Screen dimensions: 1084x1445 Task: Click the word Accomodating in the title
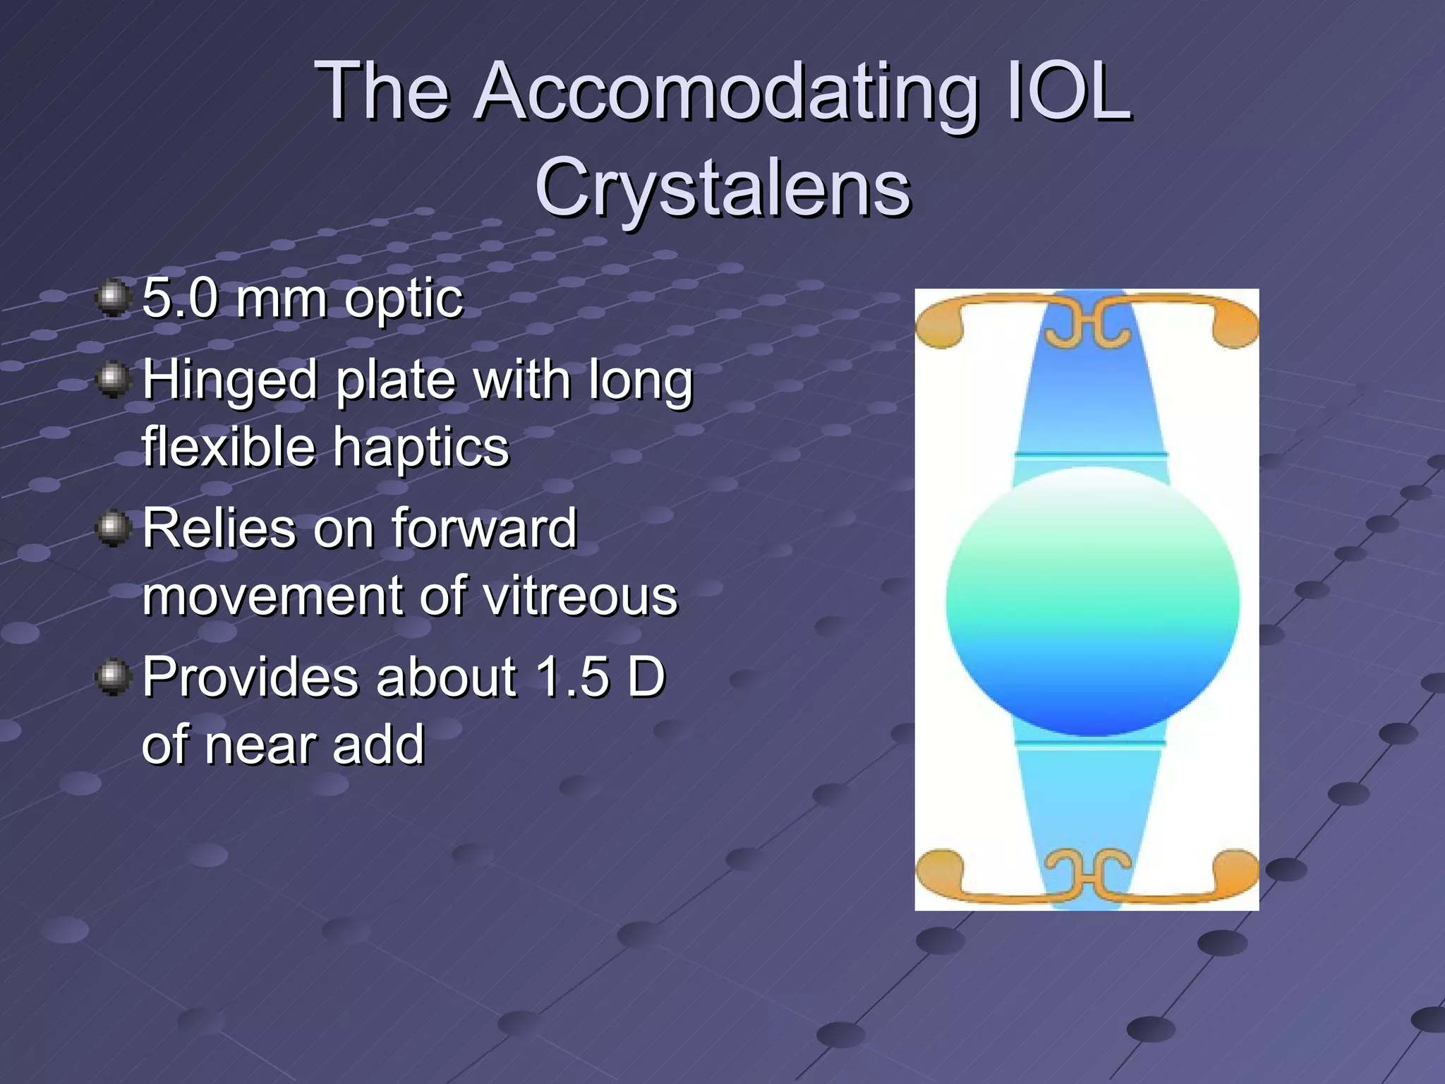click(727, 92)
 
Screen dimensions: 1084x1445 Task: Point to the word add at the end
click(379, 745)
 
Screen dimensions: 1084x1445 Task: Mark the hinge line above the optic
click(1091, 455)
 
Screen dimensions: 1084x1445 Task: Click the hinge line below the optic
click(1091, 742)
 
